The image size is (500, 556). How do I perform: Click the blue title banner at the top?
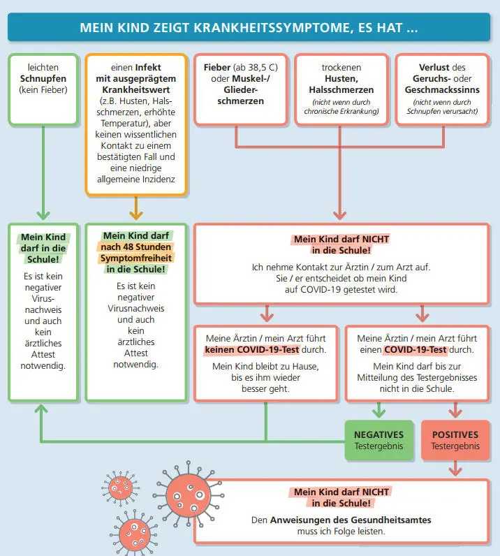coord(249,28)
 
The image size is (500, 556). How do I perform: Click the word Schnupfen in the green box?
coord(43,79)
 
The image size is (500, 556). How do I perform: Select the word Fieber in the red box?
coord(217,68)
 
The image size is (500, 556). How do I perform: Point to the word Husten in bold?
coord(341,79)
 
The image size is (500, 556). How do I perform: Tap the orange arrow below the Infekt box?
coord(136,210)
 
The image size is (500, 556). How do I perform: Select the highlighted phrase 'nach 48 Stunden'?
coord(136,247)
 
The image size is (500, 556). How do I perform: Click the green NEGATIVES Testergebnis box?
coord(378,440)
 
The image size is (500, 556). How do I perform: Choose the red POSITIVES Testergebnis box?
coord(455,440)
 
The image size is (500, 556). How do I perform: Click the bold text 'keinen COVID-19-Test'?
coord(265,349)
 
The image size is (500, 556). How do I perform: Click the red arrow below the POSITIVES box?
coord(455,469)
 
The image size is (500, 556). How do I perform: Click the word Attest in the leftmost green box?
coord(43,353)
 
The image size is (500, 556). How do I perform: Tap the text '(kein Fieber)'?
coord(43,90)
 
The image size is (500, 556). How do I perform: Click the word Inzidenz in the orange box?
coord(162,180)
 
